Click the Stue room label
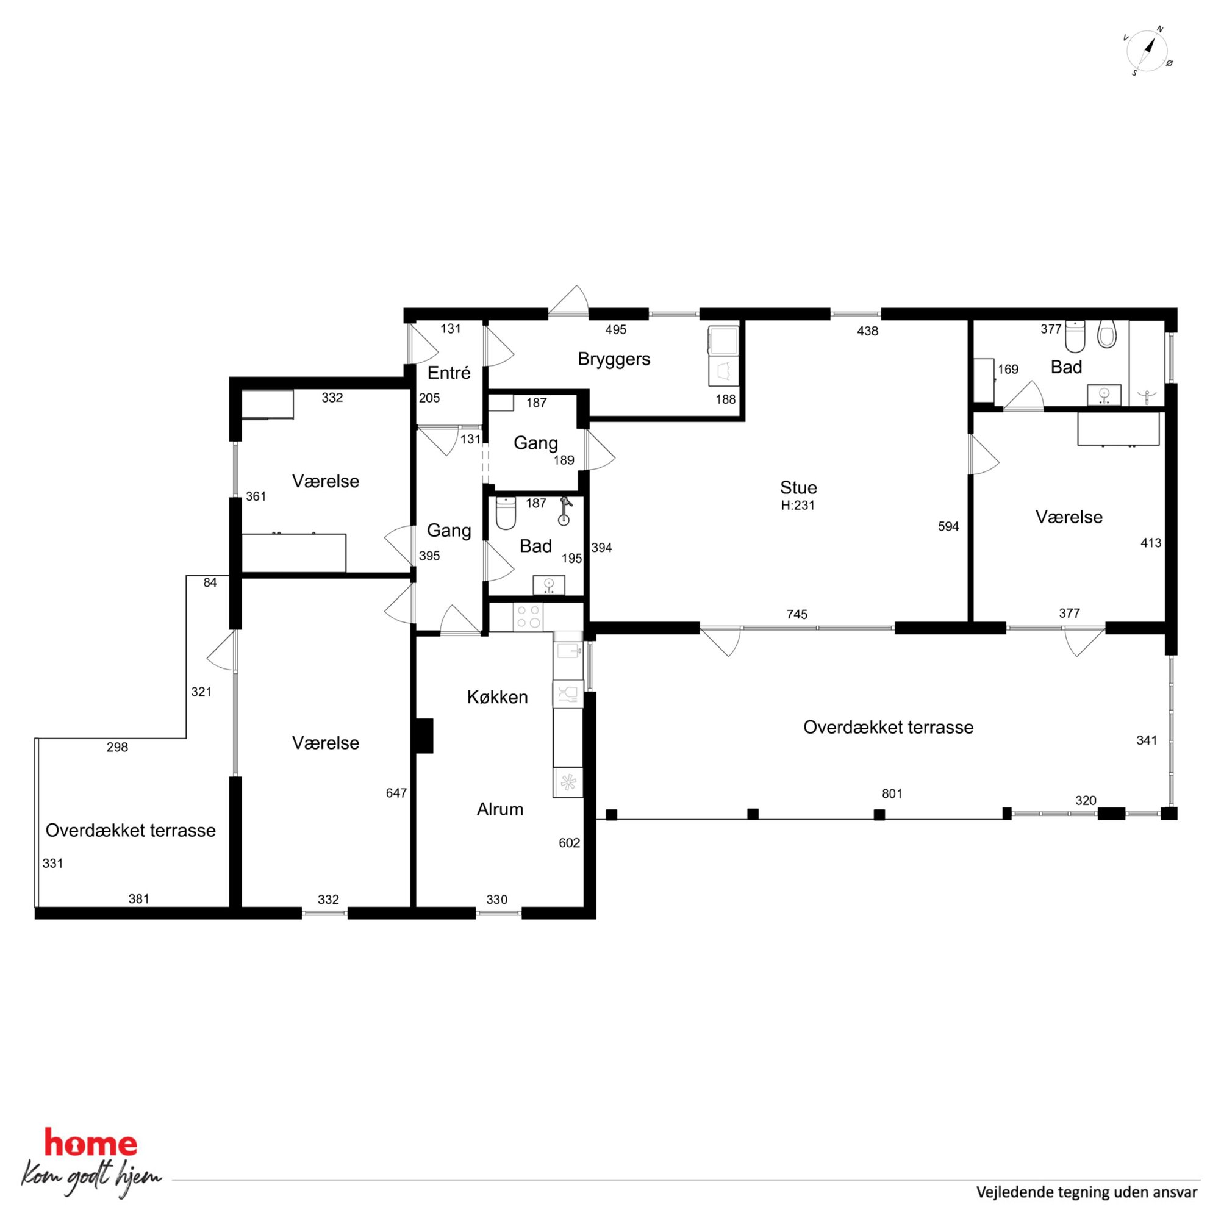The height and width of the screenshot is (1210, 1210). (x=798, y=487)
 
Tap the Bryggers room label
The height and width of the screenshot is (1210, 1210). (x=614, y=359)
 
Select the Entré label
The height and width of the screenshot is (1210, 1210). (x=448, y=373)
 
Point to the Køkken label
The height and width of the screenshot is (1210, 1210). (x=497, y=697)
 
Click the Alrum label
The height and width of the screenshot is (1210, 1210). (x=499, y=809)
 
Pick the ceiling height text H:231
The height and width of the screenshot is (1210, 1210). (x=798, y=506)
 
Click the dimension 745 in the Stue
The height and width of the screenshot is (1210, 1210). (x=797, y=614)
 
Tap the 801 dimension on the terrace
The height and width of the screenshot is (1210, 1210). (x=892, y=794)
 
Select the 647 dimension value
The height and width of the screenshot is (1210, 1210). (x=396, y=793)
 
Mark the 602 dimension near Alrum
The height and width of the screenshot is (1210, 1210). (x=569, y=843)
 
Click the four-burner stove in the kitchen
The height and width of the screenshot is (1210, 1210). (x=528, y=616)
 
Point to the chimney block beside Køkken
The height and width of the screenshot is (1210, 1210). (x=424, y=736)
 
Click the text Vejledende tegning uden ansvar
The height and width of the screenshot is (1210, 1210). (x=1087, y=1192)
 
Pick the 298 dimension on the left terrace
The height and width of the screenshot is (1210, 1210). (x=117, y=747)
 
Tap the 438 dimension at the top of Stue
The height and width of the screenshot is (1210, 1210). (x=867, y=331)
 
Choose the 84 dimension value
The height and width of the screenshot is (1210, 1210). (x=210, y=583)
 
